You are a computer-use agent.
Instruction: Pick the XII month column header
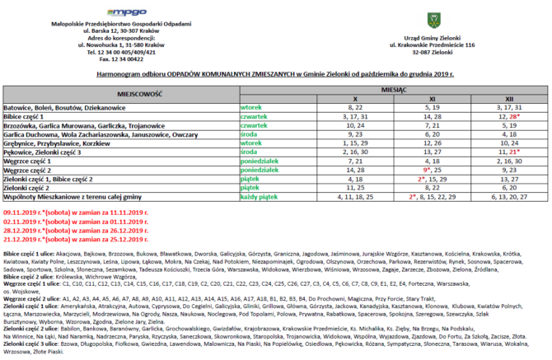[508, 98]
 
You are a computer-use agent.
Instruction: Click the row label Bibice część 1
[30, 116]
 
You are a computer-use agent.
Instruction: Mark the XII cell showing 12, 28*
[508, 116]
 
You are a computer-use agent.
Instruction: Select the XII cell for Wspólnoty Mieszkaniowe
[508, 198]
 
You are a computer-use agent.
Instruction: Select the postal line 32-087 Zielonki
[454, 52]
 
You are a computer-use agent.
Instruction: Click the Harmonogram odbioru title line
[275, 73]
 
